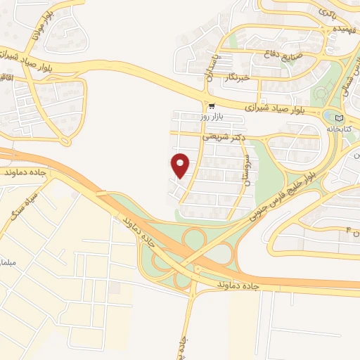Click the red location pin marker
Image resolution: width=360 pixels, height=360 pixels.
(x=181, y=165)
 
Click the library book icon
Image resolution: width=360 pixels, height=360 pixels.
(x=341, y=117)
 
